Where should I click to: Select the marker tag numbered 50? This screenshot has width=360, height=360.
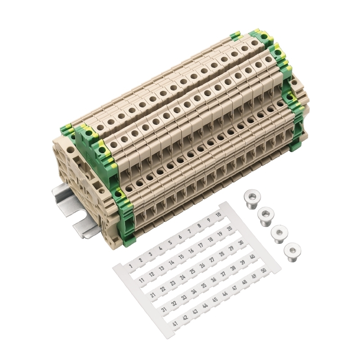tap(263, 271)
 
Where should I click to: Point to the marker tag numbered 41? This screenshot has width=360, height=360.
tap(175, 324)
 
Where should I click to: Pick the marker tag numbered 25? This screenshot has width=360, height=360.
tap(193, 271)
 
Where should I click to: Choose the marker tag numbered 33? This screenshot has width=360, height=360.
tap(184, 298)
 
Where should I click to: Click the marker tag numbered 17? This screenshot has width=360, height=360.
tap(200, 246)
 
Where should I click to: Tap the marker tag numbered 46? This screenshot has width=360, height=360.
tap(225, 294)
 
